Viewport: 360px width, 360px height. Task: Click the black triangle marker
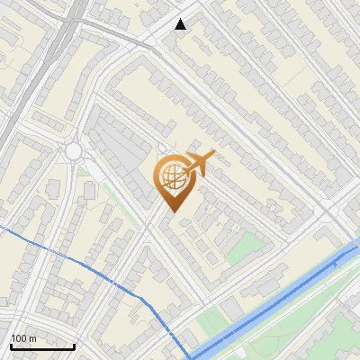point(181,24)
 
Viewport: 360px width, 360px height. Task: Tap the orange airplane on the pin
point(198,164)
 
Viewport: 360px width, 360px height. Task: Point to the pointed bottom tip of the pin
point(171,211)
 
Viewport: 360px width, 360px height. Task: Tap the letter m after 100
point(32,338)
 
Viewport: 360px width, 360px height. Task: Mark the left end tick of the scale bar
point(11,346)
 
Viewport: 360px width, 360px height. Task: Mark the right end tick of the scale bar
point(74,346)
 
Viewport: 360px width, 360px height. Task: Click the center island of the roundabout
point(74,150)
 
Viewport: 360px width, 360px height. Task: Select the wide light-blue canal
point(270,301)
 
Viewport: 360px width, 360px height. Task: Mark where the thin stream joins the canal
point(192,355)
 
